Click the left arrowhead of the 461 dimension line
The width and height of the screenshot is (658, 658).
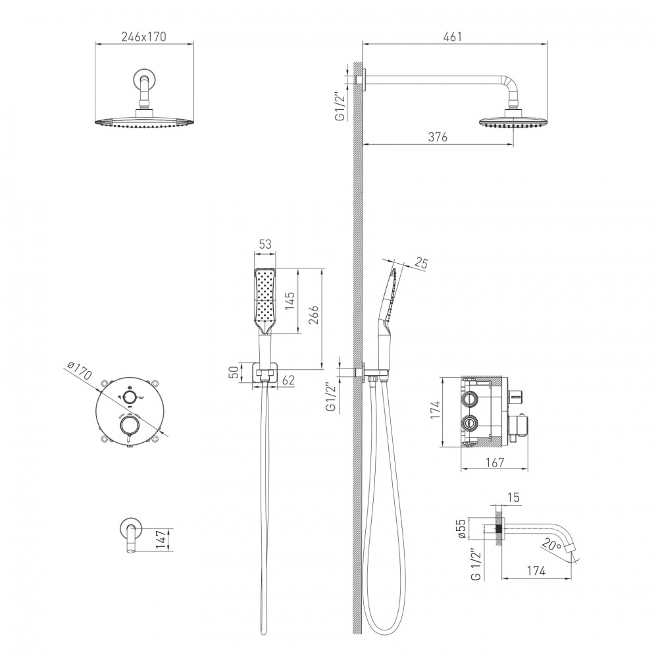point(365,43)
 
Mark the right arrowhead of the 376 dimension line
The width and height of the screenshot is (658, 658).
point(511,145)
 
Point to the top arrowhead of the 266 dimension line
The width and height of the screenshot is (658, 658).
point(322,270)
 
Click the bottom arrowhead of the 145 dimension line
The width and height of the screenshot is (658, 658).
point(298,332)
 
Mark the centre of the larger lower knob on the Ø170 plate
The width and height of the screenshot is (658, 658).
point(128,426)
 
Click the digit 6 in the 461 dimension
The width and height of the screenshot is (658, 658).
point(453,37)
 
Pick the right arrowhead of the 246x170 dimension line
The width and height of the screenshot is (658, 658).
point(191,43)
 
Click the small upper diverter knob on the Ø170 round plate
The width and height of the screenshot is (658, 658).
point(130,395)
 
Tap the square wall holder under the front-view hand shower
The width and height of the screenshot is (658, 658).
point(265,372)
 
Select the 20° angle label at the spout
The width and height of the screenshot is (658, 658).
point(551,545)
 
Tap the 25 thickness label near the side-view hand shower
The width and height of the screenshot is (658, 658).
point(421,264)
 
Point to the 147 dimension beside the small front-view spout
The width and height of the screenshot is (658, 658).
point(160,540)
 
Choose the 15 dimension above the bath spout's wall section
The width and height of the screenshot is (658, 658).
point(513,497)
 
